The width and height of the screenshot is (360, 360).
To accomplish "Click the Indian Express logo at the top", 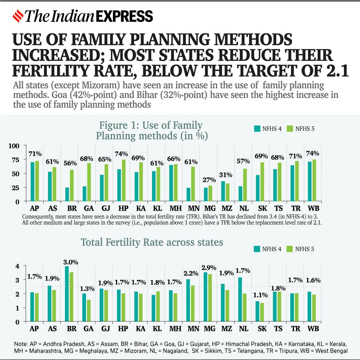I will (83, 16).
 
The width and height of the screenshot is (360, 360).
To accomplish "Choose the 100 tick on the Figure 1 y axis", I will (18, 146).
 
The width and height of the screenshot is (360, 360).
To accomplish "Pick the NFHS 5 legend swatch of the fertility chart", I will (289, 249).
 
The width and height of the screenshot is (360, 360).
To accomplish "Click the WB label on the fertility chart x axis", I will (313, 329).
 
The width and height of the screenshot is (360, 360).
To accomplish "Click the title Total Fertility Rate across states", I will (152, 242).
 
